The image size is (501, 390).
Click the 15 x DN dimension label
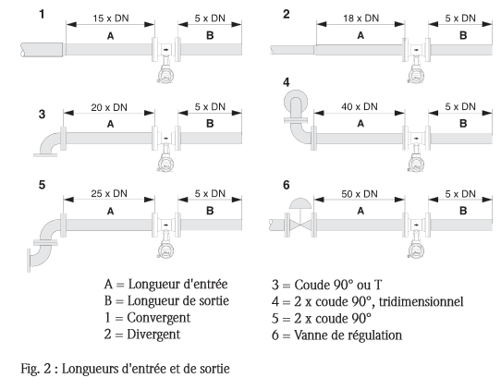pos(111,18)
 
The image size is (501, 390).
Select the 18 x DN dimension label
pos(361,18)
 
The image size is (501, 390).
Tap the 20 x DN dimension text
pos(109,107)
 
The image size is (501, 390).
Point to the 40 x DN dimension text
pos(360,106)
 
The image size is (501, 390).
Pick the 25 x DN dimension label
pos(109,193)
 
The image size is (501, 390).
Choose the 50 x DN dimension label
pos(360,194)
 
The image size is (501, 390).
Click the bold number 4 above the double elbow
pos(287,82)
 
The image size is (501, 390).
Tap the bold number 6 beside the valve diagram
pos(287,185)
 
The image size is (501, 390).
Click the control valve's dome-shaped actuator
pos(300,203)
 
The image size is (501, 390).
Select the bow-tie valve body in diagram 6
pos(300,225)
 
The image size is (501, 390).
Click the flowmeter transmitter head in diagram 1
pos(165,74)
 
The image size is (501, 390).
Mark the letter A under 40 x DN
pos(360,123)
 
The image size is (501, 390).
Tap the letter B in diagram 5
pos(210,211)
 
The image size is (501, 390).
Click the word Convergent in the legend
pos(158,318)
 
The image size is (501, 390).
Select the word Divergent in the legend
pos(153,335)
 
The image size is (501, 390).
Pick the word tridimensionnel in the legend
pos(421,301)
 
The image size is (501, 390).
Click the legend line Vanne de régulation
pos(336,335)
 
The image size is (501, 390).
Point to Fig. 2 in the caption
pos(36,369)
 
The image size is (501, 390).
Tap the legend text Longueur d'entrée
pos(178,284)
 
